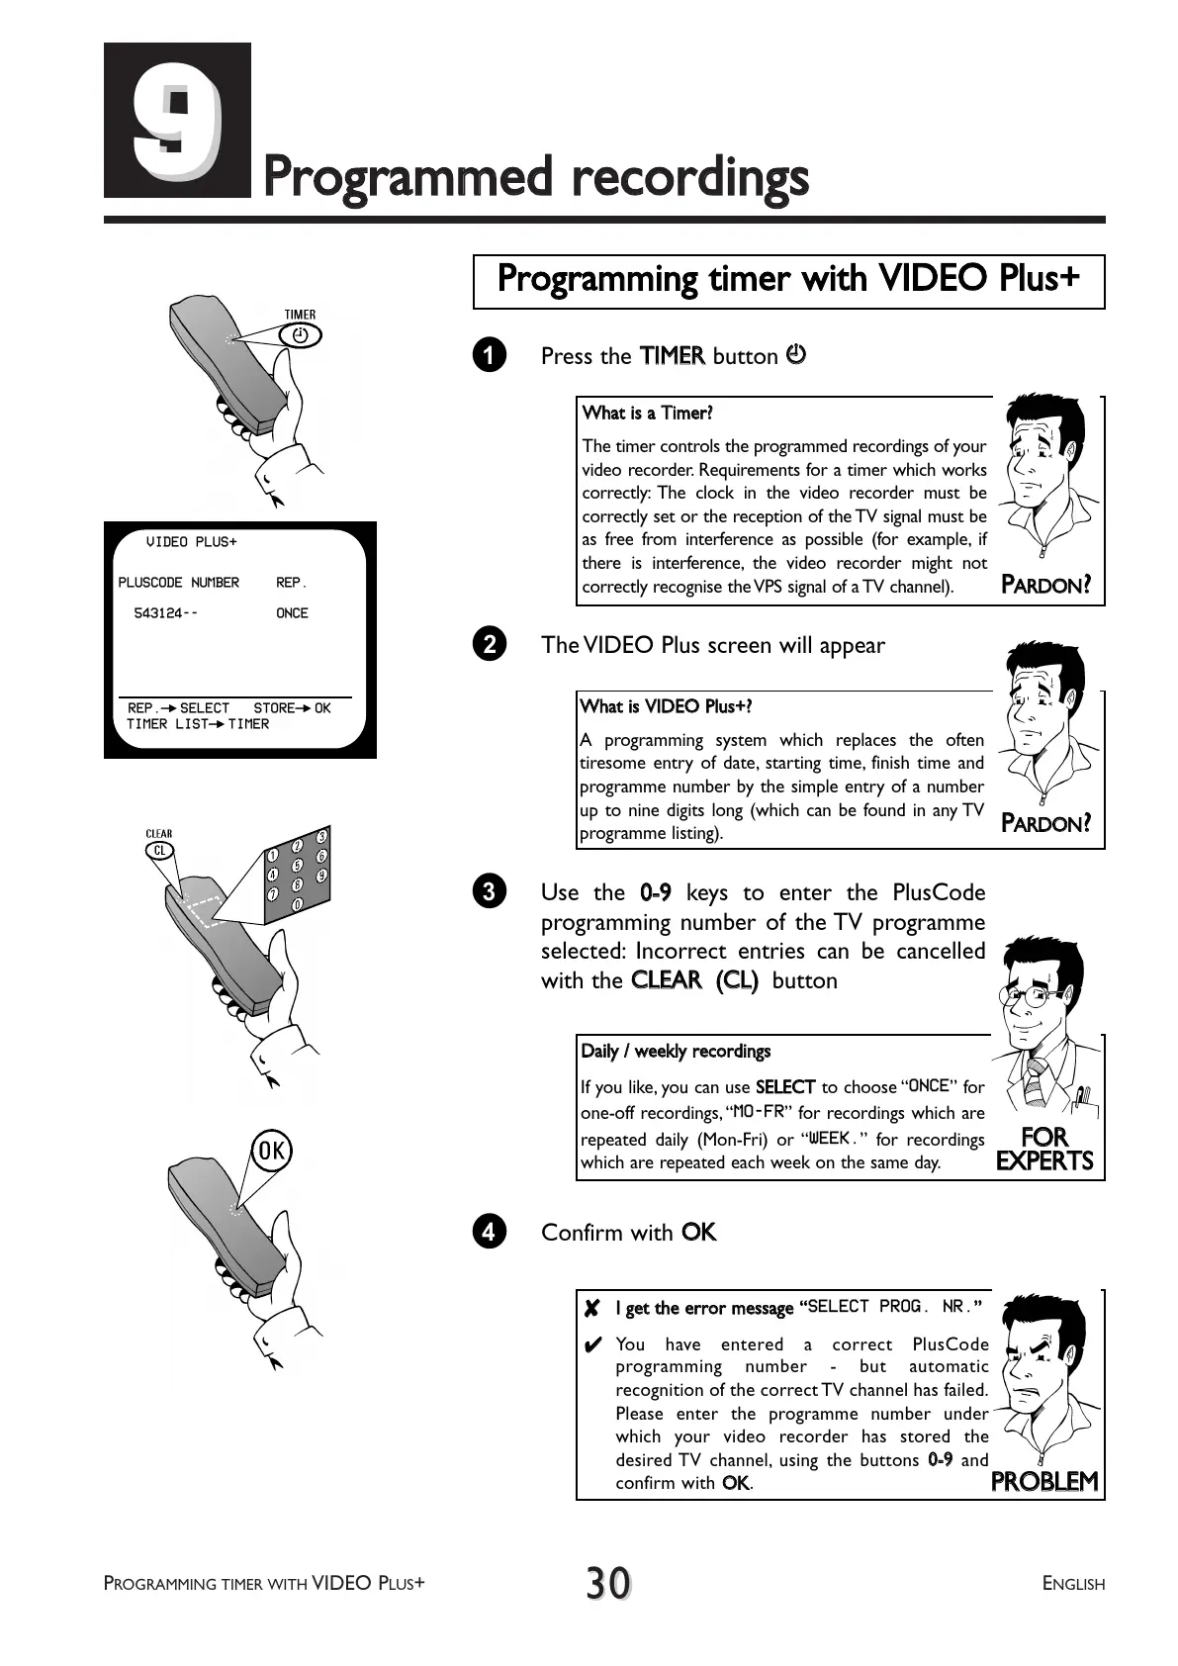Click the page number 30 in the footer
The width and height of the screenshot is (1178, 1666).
pyautogui.click(x=607, y=1583)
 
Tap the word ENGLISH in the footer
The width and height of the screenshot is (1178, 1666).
pyautogui.click(x=1073, y=1584)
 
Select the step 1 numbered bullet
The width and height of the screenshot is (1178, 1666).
pyautogui.click(x=489, y=356)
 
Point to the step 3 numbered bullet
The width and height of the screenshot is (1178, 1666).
pyautogui.click(x=489, y=892)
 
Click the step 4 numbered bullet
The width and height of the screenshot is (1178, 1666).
pyautogui.click(x=489, y=1233)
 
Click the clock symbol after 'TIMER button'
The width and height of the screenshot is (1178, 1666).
pyautogui.click(x=795, y=354)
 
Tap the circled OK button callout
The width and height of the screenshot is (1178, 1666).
pyautogui.click(x=271, y=1151)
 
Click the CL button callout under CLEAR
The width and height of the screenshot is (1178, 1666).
pyautogui.click(x=159, y=850)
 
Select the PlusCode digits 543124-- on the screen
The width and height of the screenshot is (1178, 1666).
pyautogui.click(x=165, y=613)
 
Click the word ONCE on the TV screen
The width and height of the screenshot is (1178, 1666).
pyautogui.click(x=292, y=613)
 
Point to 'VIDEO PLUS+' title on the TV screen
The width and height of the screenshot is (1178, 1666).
pyautogui.click(x=191, y=542)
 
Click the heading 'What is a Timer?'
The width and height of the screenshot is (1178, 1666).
pyautogui.click(x=647, y=414)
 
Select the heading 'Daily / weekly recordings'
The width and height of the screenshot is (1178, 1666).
pyautogui.click(x=676, y=1052)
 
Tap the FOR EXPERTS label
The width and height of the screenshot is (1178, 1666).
pyautogui.click(x=1044, y=1149)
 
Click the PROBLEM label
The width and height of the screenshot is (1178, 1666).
pyautogui.click(x=1044, y=1481)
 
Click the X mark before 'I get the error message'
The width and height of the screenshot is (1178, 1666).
pyautogui.click(x=591, y=1309)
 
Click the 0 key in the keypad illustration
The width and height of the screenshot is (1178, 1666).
pyautogui.click(x=296, y=905)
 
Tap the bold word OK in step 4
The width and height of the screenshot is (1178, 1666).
pyautogui.click(x=698, y=1233)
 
